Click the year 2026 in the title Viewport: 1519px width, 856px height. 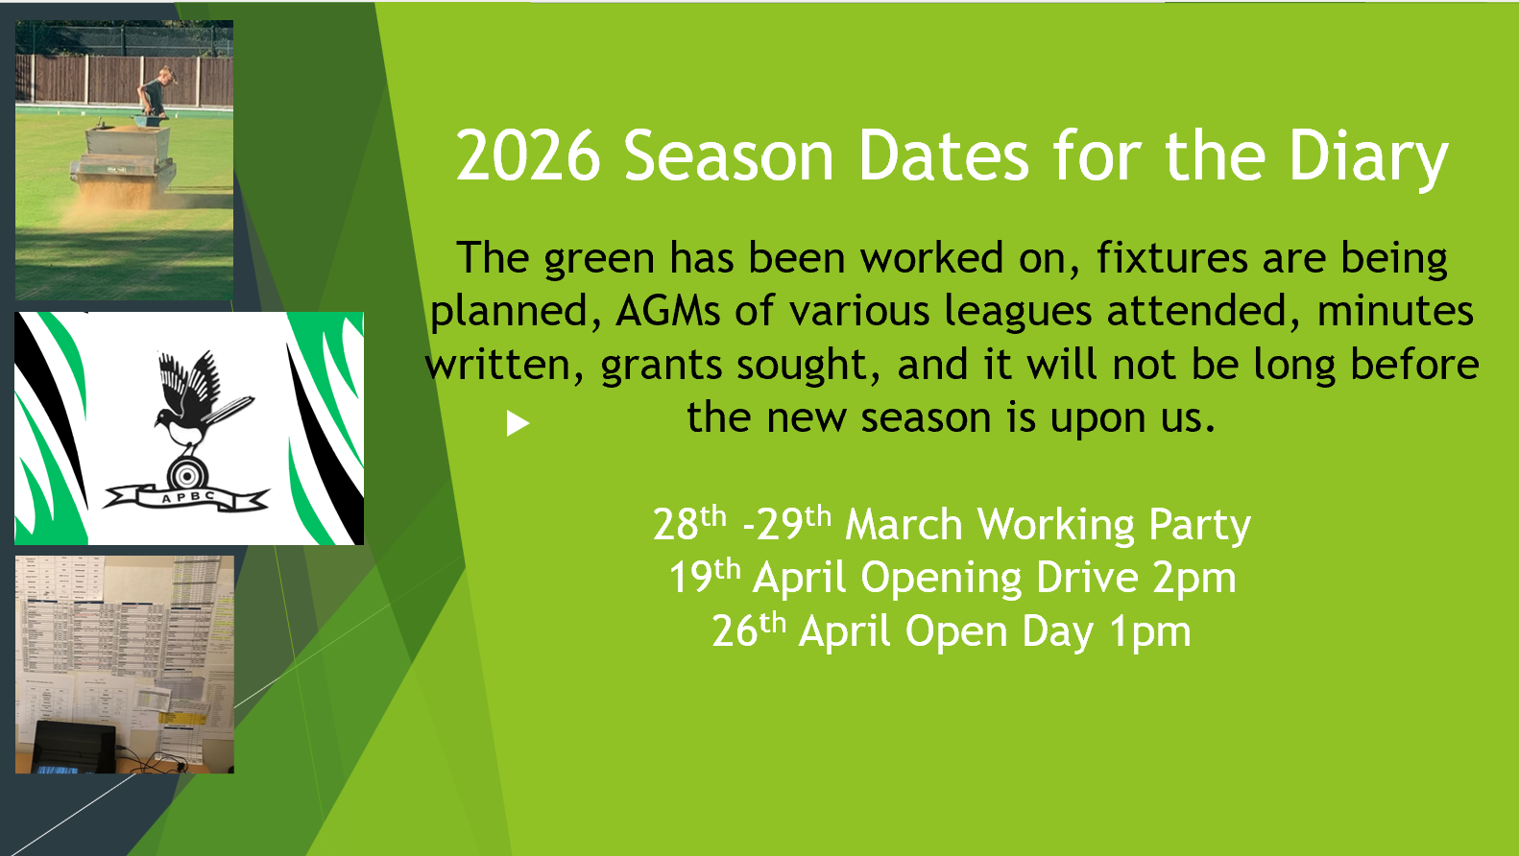tap(527, 156)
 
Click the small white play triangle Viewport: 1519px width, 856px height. tap(518, 423)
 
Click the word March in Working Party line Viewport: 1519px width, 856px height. tap(903, 525)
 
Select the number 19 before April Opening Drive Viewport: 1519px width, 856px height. tap(690, 579)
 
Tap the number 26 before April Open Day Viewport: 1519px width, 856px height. tap(735, 632)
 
